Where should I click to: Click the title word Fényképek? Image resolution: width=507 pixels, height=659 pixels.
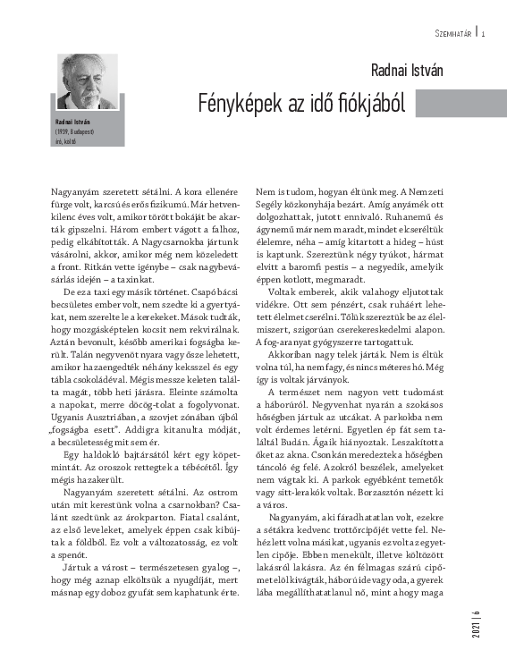[241, 105]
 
